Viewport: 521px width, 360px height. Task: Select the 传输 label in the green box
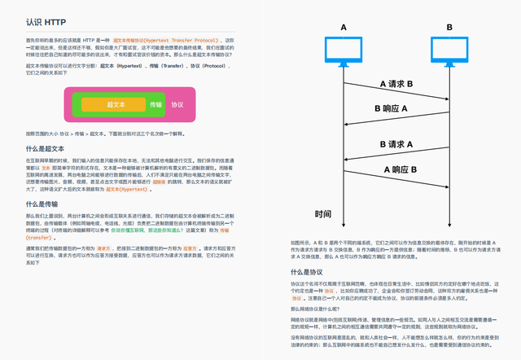[x=155, y=104]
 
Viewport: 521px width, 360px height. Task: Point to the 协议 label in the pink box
[x=177, y=104]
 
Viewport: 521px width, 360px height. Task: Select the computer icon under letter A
[x=343, y=52]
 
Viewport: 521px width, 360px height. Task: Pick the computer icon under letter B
[x=449, y=52]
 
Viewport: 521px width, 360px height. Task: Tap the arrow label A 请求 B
[x=396, y=84]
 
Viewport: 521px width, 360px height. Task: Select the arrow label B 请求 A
[x=396, y=144]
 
